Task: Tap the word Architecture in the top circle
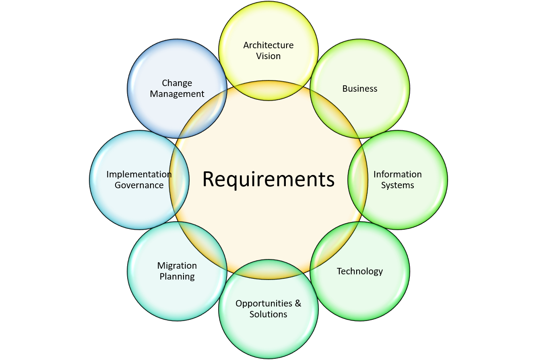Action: click(268, 45)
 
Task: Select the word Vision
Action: click(268, 56)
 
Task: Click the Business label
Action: click(360, 88)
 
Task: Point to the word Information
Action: click(398, 174)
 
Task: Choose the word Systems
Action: click(398, 185)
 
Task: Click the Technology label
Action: click(360, 272)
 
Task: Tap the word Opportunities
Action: click(264, 303)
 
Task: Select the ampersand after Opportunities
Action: click(298, 303)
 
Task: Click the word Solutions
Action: click(268, 314)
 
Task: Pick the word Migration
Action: click(177, 266)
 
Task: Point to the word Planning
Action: click(177, 277)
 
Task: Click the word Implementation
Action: click(139, 175)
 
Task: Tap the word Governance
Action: click(139, 185)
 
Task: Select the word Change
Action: click(177, 83)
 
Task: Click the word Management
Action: click(177, 94)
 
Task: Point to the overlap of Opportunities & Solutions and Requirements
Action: click(268, 269)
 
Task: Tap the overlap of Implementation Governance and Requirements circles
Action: click(179, 180)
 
